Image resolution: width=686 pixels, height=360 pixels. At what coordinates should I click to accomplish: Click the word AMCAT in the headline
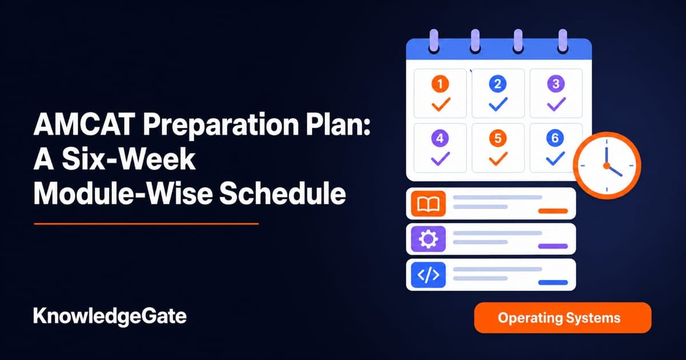(x=85, y=125)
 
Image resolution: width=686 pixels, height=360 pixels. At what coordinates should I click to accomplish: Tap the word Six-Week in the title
(x=129, y=159)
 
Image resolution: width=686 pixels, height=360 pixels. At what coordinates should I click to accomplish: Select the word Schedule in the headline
(x=282, y=194)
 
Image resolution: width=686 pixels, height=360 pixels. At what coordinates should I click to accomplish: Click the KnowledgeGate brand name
(x=110, y=317)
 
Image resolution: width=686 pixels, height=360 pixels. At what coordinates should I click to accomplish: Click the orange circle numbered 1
(x=440, y=83)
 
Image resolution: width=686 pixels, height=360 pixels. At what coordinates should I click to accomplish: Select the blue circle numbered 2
(x=498, y=83)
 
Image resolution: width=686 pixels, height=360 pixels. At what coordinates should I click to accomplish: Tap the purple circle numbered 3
(x=556, y=83)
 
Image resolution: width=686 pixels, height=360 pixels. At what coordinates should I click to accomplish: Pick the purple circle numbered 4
(x=440, y=138)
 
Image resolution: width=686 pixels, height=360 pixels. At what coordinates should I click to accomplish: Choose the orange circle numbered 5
(x=498, y=138)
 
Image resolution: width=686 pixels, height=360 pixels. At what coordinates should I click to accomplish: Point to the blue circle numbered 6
(x=555, y=138)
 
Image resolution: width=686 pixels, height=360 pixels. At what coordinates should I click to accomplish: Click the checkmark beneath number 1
(x=441, y=104)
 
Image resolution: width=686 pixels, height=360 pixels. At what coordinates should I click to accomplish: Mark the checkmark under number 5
(x=498, y=159)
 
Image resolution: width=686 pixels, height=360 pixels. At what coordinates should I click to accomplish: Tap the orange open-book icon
(x=428, y=203)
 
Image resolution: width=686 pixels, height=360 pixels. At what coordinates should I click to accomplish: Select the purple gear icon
(x=428, y=239)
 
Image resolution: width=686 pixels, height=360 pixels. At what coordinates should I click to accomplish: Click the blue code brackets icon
(x=428, y=275)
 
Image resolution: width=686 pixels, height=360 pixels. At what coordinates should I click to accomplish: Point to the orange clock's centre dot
(x=607, y=166)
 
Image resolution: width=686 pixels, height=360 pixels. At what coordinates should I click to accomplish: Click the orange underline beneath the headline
(x=146, y=224)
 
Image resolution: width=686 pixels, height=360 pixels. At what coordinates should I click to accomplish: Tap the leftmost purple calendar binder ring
(x=434, y=41)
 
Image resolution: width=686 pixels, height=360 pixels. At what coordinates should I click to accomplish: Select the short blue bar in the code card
(x=553, y=282)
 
